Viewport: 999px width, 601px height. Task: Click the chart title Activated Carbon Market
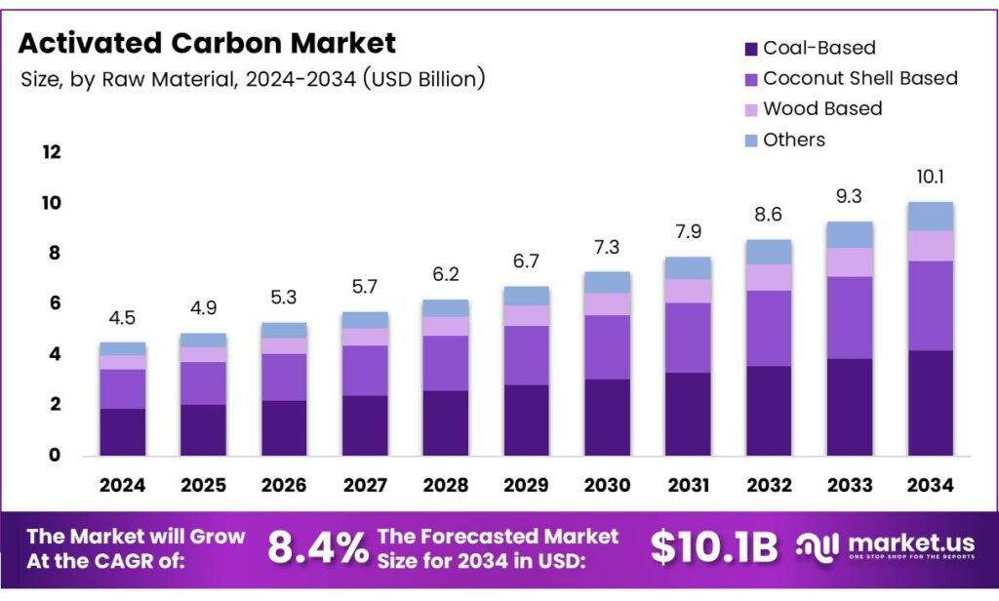(x=207, y=43)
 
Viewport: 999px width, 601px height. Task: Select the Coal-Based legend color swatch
(x=750, y=49)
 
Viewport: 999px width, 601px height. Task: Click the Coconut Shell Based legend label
(x=859, y=78)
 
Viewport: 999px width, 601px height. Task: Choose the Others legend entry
(x=793, y=140)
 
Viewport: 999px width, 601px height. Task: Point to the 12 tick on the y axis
(x=51, y=152)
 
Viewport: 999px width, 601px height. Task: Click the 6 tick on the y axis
(x=55, y=303)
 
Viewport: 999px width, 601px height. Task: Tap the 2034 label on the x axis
(x=930, y=485)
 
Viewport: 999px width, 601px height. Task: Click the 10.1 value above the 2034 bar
(x=930, y=178)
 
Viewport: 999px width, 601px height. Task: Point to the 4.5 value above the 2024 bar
(x=122, y=317)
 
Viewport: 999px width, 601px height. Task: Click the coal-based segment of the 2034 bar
(x=930, y=402)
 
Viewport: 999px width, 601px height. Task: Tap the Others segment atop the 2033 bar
(x=850, y=234)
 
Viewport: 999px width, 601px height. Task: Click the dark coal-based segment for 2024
(x=122, y=431)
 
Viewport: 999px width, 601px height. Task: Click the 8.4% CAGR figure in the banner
(x=316, y=548)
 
